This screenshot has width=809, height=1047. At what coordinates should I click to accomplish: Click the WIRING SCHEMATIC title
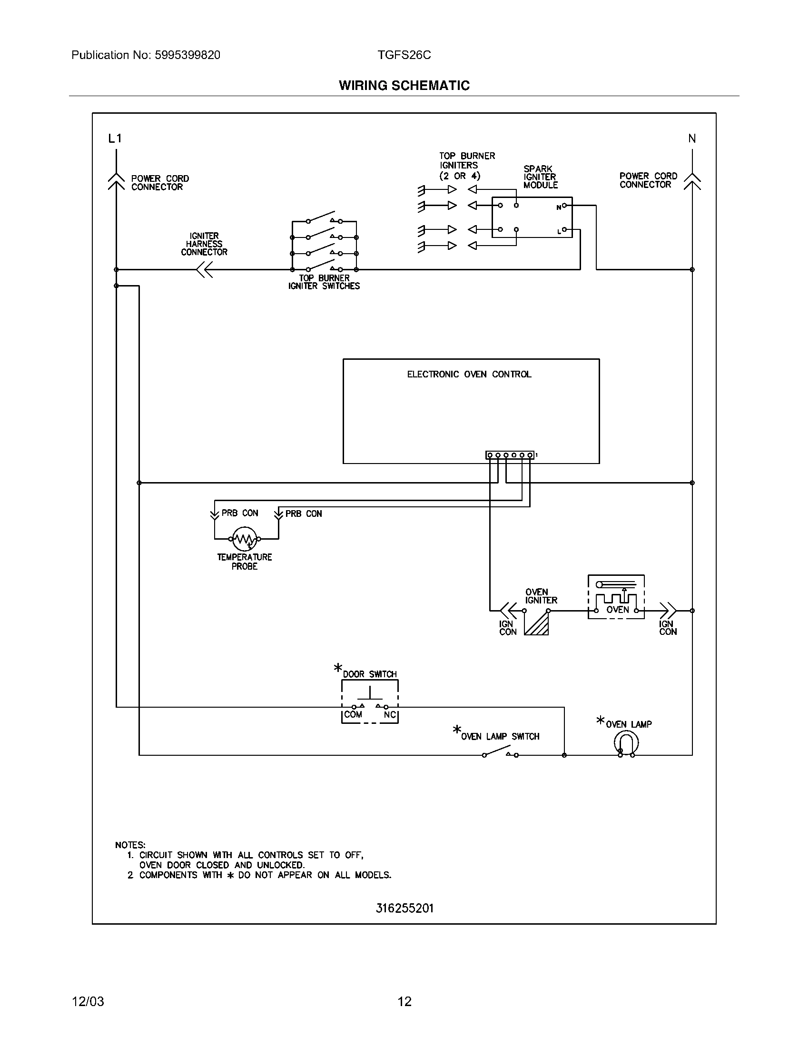point(404,85)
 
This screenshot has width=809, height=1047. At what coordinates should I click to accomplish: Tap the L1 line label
point(115,138)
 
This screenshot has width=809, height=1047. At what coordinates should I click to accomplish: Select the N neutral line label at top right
point(692,138)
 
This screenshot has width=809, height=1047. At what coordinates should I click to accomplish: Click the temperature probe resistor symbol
point(245,539)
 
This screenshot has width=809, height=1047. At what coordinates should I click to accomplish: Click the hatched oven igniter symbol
point(537,624)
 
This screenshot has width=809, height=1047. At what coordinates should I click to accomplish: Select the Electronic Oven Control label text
point(469,375)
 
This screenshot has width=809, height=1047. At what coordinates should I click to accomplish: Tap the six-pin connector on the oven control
point(510,455)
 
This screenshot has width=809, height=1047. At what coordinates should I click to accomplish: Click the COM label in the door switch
point(353,715)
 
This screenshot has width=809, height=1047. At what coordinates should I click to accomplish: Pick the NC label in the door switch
point(390,715)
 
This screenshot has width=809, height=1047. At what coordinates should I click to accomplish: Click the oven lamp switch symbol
point(500,751)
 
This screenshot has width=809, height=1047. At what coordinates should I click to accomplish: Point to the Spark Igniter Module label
point(540,177)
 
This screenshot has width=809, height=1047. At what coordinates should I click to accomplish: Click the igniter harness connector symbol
point(205,270)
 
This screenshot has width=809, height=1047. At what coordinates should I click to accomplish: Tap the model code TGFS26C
point(404,55)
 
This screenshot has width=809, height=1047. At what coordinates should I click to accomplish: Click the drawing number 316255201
point(404,909)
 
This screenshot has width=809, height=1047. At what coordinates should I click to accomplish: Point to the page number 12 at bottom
point(404,1001)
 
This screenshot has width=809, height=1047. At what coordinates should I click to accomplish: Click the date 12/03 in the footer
point(88,1001)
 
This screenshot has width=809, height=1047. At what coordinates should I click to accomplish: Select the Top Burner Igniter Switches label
point(324,282)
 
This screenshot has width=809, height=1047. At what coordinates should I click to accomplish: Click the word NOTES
point(130,845)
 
